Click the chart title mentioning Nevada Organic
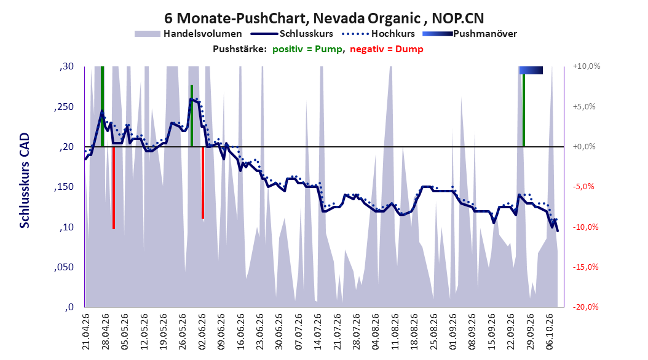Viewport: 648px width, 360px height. [x=324, y=18]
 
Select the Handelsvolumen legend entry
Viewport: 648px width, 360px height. [x=188, y=34]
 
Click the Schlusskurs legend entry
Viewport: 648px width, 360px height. [x=292, y=34]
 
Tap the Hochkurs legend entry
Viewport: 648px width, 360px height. [x=378, y=34]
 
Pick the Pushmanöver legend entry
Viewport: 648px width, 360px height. [x=470, y=34]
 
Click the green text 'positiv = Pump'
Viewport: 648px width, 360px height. [x=307, y=49]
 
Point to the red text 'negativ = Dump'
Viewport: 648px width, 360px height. [x=387, y=49]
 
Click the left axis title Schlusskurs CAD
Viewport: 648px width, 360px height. [x=25, y=180]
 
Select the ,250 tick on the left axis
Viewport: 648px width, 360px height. [x=64, y=106]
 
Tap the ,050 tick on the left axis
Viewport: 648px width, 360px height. [x=64, y=267]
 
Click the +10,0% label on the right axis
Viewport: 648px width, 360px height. [x=587, y=66]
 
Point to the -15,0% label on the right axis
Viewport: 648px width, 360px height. [x=585, y=267]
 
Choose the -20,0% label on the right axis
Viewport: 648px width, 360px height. [x=585, y=307]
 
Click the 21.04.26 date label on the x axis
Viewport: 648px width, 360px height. [x=85, y=332]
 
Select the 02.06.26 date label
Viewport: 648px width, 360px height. [x=202, y=332]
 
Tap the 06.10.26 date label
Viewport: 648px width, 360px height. [x=550, y=332]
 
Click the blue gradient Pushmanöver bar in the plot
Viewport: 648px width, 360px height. [x=531, y=70]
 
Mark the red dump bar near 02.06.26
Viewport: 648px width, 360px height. [x=203, y=182]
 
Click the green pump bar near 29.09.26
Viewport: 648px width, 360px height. [x=524, y=110]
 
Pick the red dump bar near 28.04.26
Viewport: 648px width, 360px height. [x=114, y=188]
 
